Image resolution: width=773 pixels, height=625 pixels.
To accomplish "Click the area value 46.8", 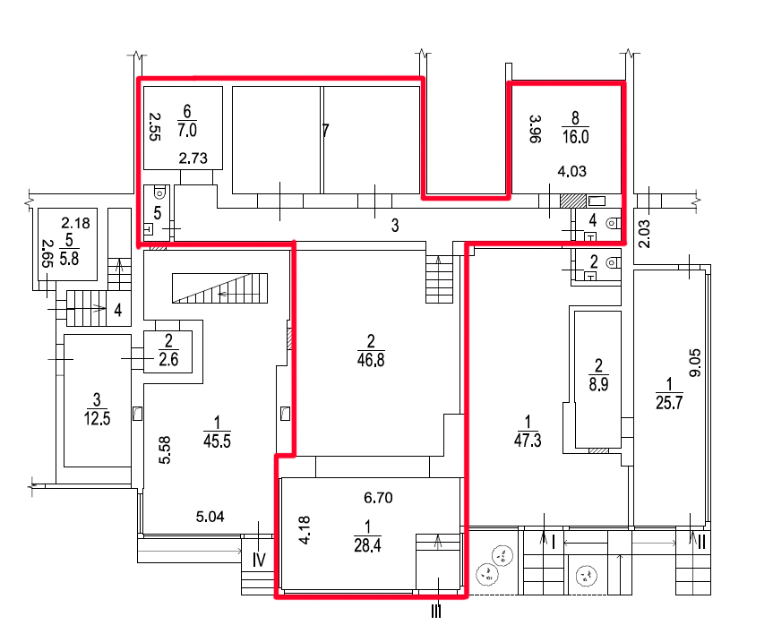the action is [371, 360].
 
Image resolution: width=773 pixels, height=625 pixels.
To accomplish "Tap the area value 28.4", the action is [367, 545].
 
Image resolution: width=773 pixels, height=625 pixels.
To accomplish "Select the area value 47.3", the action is [528, 441].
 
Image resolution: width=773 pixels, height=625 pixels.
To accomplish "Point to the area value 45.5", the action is [217, 441].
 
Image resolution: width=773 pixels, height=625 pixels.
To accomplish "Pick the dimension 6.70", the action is [378, 498].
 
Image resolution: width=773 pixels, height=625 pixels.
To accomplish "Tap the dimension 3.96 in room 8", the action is [535, 129].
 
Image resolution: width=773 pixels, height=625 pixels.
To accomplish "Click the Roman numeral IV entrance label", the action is [259, 560].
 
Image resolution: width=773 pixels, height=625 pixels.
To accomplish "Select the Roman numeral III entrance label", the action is [436, 612].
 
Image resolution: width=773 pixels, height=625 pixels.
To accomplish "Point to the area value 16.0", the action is [575, 136].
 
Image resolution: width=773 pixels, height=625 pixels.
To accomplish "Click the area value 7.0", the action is [187, 130].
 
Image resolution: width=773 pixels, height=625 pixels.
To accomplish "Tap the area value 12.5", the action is [97, 419].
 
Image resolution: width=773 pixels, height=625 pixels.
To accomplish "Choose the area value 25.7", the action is [669, 403].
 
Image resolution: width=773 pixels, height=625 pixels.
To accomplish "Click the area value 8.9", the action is [598, 384].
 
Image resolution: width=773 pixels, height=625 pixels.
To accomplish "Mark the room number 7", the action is [325, 131].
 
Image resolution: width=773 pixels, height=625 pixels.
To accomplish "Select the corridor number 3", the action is [395, 226].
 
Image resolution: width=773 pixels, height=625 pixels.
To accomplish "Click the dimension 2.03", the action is [644, 234].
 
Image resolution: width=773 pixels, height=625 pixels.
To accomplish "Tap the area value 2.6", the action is [168, 359].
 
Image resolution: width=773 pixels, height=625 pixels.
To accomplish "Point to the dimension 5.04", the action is [210, 517].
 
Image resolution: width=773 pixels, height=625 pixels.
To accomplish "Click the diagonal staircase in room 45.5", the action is [219, 287].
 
